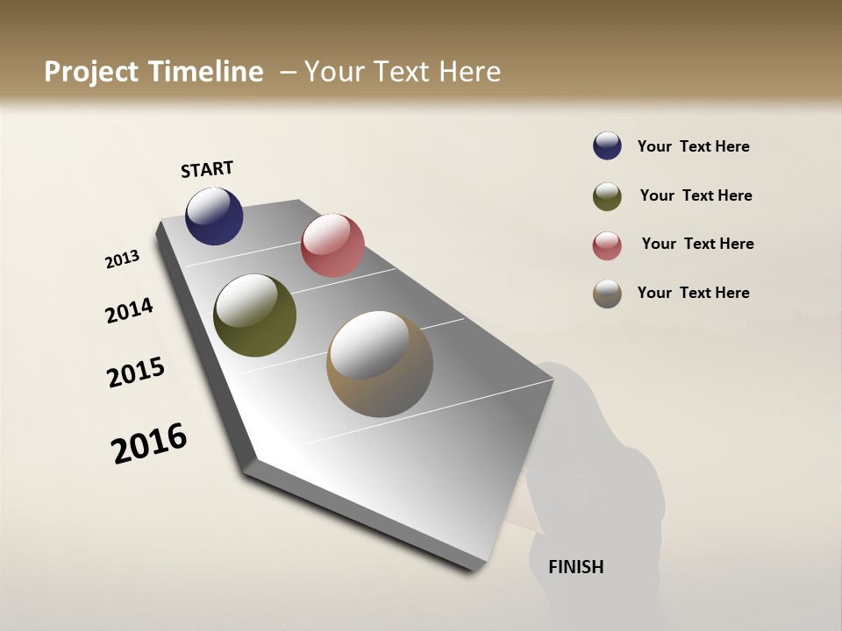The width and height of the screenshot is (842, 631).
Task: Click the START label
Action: click(207, 169)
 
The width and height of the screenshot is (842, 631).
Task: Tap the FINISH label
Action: click(575, 567)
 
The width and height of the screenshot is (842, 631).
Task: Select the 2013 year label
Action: click(123, 259)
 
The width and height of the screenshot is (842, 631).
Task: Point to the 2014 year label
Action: click(129, 310)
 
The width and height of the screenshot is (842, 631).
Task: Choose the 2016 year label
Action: click(149, 443)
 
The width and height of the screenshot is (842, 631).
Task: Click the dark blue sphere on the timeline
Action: click(214, 216)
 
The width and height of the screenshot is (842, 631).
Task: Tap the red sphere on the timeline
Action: click(332, 245)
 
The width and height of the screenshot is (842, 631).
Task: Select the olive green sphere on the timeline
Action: click(254, 315)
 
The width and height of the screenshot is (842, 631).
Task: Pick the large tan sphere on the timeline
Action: click(380, 364)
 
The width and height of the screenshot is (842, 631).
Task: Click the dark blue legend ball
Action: click(607, 146)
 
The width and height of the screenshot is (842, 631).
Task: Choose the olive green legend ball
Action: click(607, 196)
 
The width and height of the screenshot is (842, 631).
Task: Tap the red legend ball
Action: click(607, 245)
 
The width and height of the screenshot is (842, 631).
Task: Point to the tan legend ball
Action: click(607, 294)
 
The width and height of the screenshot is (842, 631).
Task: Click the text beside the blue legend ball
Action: click(693, 146)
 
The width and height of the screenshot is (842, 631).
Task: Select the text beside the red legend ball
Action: click(697, 244)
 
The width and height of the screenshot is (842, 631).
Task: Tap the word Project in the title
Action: click(91, 72)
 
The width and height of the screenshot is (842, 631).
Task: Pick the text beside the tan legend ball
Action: click(693, 293)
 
